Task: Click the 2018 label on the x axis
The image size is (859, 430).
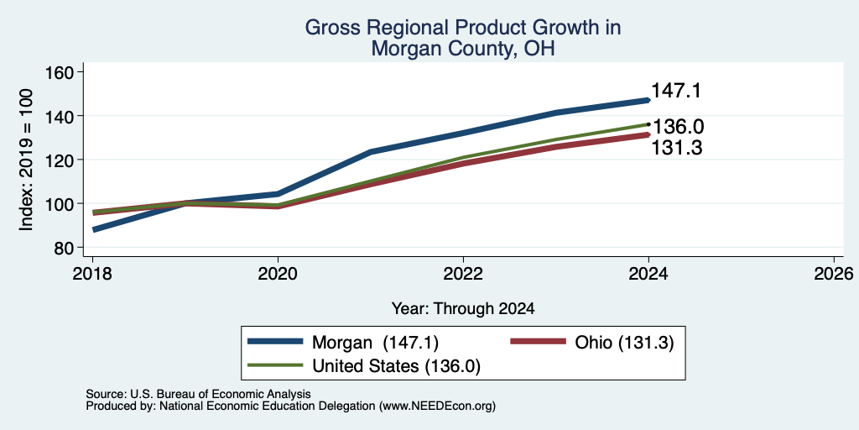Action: pos(92,273)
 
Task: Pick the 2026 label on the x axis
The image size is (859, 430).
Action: pos(834,273)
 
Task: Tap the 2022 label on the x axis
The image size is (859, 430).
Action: pos(463,273)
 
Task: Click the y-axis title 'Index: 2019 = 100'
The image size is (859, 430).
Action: pos(26,160)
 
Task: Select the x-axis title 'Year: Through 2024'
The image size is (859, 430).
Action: pos(463,308)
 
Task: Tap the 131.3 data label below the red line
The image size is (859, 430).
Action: pos(677,148)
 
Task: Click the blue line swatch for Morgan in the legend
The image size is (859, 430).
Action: pos(275,342)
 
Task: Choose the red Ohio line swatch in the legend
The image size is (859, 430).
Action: pos(538,342)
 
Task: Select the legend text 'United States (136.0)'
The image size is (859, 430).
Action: pos(396,366)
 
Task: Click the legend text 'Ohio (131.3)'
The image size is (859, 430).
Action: pos(624,343)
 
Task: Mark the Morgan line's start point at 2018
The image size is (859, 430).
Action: pos(94,230)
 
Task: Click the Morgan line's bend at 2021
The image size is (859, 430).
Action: pos(371,151)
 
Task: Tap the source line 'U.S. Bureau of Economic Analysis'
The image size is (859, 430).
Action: pos(221,394)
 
